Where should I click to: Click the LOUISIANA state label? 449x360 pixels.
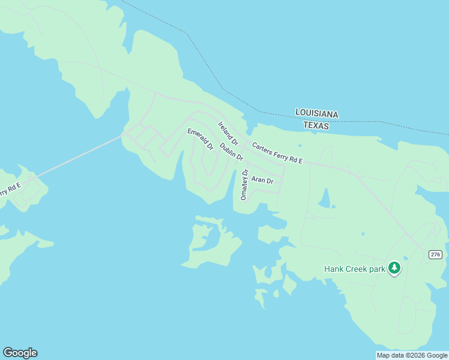click(316, 113)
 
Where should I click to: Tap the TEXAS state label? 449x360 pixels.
click(316, 125)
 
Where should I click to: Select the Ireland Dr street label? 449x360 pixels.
click(228, 133)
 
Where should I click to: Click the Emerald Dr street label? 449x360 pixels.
click(200, 139)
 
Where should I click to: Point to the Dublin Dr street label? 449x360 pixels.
click(231, 152)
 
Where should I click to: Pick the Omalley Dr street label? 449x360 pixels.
click(244, 185)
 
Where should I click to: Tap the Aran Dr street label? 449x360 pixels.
click(262, 180)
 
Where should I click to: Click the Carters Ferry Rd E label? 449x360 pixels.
click(278, 154)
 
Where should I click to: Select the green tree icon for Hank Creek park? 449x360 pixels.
click(394, 268)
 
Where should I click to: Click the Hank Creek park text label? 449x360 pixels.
click(354, 269)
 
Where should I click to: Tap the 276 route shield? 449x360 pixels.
click(436, 255)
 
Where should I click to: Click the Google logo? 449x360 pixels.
click(20, 353)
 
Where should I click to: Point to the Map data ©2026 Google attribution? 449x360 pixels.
click(412, 355)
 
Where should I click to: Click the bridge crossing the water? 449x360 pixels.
click(78, 157)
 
